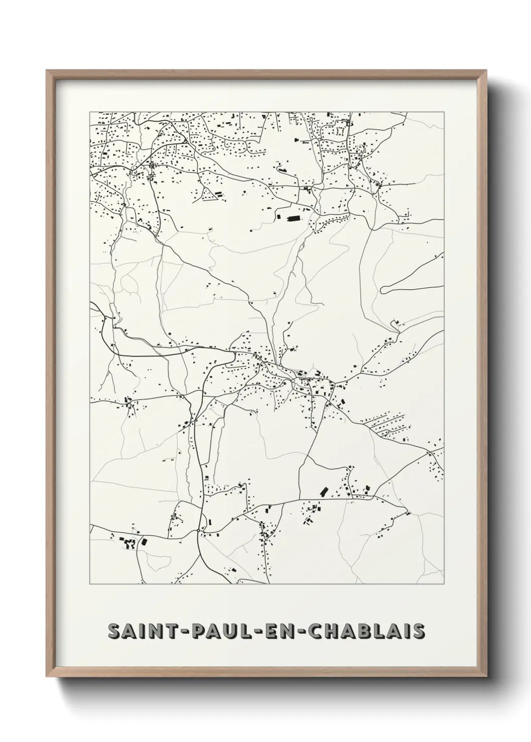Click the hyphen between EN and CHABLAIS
(304, 632)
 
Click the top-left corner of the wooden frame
(47, 71)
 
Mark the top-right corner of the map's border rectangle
(444, 112)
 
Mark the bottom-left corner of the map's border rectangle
(90, 584)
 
